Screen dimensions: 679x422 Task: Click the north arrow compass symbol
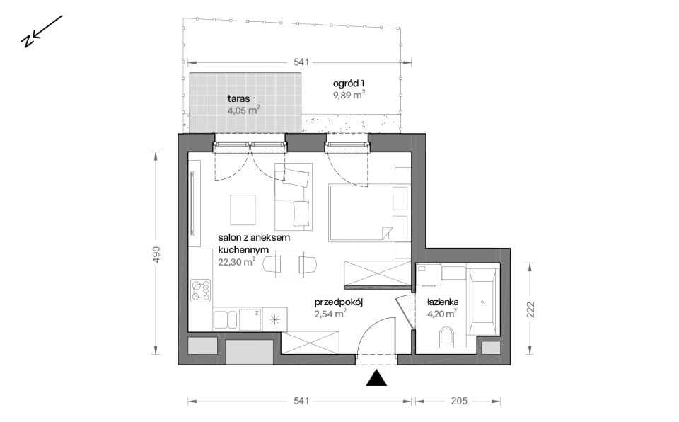(x=41, y=31)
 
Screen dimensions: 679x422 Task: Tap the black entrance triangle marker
(x=376, y=378)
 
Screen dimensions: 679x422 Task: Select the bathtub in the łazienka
(x=482, y=302)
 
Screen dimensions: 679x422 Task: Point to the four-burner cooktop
(x=201, y=290)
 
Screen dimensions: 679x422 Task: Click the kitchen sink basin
(x=225, y=319)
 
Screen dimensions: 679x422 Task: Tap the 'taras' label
(x=238, y=99)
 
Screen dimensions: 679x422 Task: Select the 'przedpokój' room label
(x=338, y=302)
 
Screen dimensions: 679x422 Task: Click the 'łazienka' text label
(x=443, y=302)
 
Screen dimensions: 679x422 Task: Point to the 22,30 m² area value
(x=236, y=261)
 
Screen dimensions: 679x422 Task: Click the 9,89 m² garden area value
(x=349, y=95)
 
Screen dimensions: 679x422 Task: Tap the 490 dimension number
(x=156, y=254)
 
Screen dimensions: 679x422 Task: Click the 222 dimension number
(x=530, y=309)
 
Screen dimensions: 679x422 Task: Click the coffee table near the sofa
(x=243, y=210)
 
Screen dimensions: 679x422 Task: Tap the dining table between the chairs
(x=290, y=264)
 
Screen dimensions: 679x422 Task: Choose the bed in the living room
(x=361, y=213)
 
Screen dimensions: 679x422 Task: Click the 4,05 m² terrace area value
(x=244, y=110)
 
